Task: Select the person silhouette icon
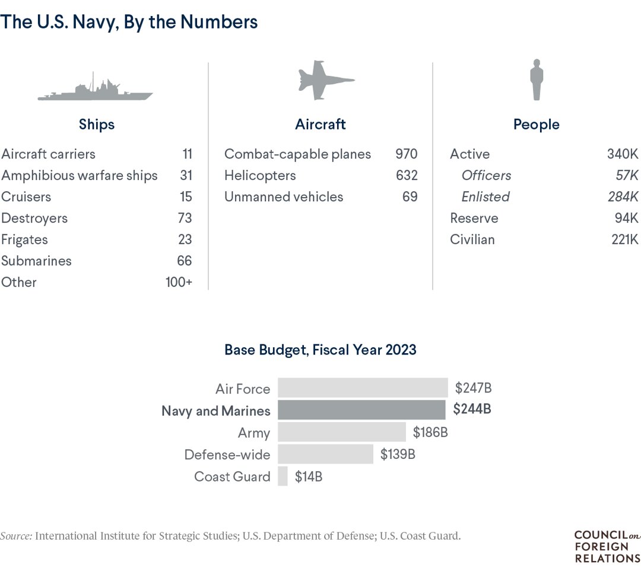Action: [537, 80]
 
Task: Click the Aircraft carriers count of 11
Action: [187, 154]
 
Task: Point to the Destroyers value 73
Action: [185, 218]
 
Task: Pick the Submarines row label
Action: [36, 261]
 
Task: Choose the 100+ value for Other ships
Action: [179, 283]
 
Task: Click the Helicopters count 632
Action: [407, 176]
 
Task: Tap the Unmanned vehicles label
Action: [284, 197]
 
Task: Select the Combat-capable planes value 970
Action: [407, 154]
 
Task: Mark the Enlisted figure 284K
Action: [623, 197]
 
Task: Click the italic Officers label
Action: [486, 176]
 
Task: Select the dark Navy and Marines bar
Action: [361, 410]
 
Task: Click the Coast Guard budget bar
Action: [283, 476]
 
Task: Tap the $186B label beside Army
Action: [430, 433]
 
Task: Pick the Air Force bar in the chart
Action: [363, 388]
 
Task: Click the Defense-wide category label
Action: [227, 455]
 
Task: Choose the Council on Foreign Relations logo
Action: [607, 546]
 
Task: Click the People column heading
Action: [537, 125]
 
